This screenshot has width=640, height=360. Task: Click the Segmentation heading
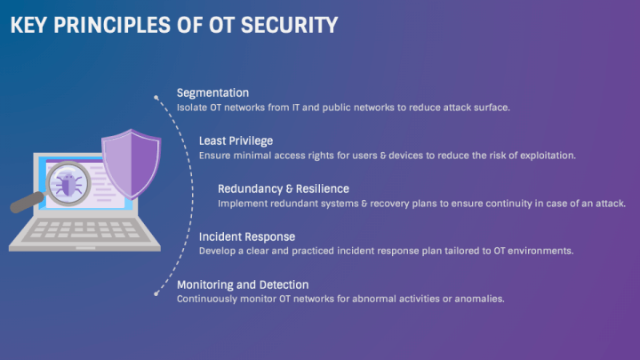(x=212, y=92)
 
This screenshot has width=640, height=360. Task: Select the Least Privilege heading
(x=236, y=140)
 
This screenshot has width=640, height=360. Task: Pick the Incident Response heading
(x=246, y=236)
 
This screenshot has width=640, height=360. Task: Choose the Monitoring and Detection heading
(x=243, y=284)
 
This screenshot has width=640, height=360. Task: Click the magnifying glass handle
(x=26, y=204)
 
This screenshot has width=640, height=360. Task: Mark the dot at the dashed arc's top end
(x=156, y=98)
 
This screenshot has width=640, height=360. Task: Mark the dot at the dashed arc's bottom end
(x=156, y=290)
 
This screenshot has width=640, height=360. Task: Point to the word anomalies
(x=479, y=300)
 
